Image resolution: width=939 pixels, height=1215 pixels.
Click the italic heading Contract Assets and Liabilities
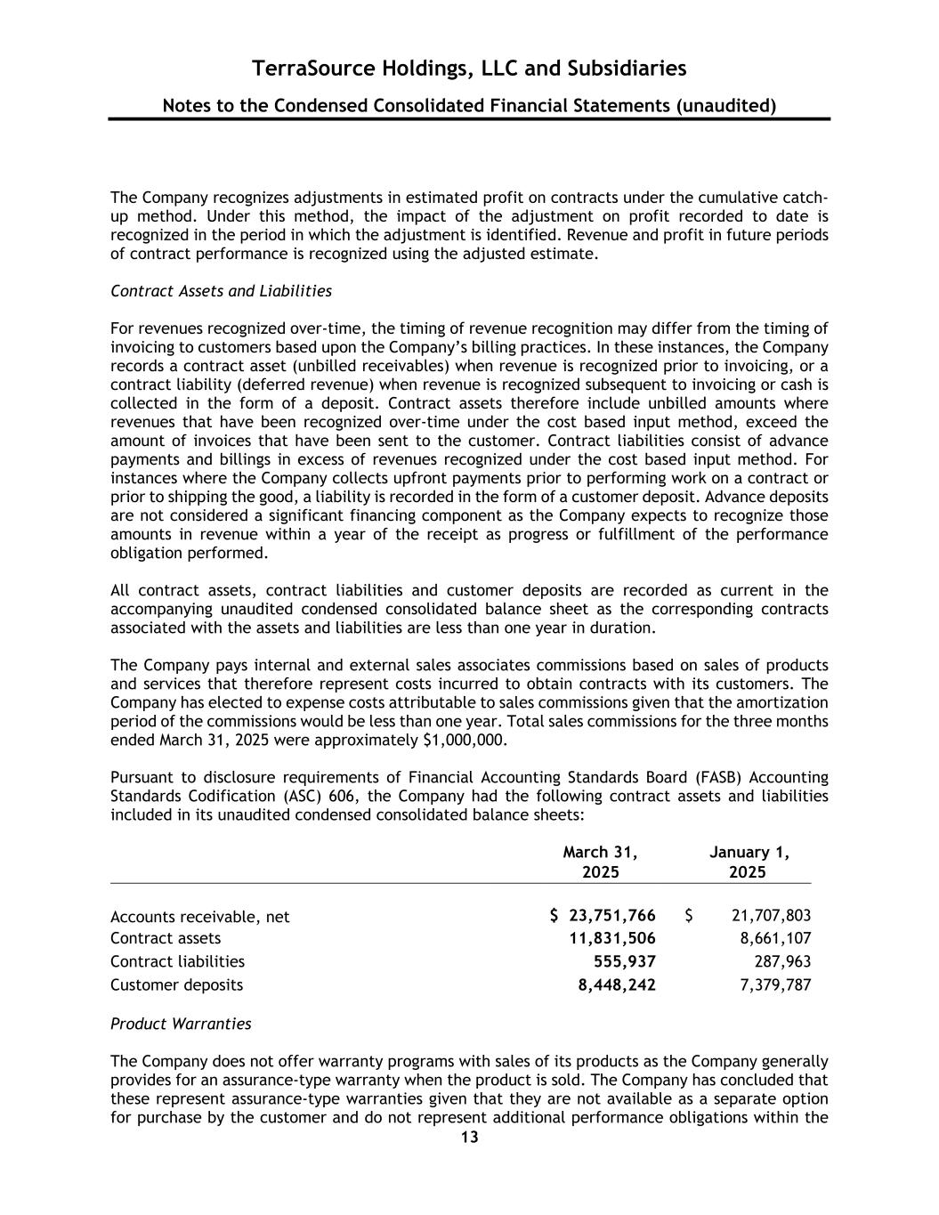[x=221, y=291]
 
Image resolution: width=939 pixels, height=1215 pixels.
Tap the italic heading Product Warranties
[x=181, y=1024]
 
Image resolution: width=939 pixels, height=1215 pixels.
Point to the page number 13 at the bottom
[x=469, y=1138]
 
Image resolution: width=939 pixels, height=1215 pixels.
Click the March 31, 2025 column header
[x=601, y=862]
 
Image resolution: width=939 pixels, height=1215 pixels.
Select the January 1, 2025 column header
[x=748, y=862]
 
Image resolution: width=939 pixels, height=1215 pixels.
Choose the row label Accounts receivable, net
[x=199, y=917]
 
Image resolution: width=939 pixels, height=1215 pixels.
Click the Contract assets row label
[x=166, y=938]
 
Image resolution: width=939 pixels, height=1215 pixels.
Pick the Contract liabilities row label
[x=177, y=961]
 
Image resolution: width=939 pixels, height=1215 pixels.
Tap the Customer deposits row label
[x=176, y=984]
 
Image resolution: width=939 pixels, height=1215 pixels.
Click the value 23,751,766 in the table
[x=612, y=916]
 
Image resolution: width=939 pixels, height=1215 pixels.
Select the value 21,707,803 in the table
[x=771, y=916]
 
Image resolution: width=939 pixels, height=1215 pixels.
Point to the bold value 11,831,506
[x=612, y=938]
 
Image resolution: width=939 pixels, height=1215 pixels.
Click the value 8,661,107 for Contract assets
[x=775, y=938]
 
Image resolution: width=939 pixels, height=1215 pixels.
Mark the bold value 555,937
[x=625, y=961]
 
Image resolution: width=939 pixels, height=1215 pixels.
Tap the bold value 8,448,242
[x=617, y=984]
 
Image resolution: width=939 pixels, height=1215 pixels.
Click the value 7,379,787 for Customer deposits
[x=775, y=984]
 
